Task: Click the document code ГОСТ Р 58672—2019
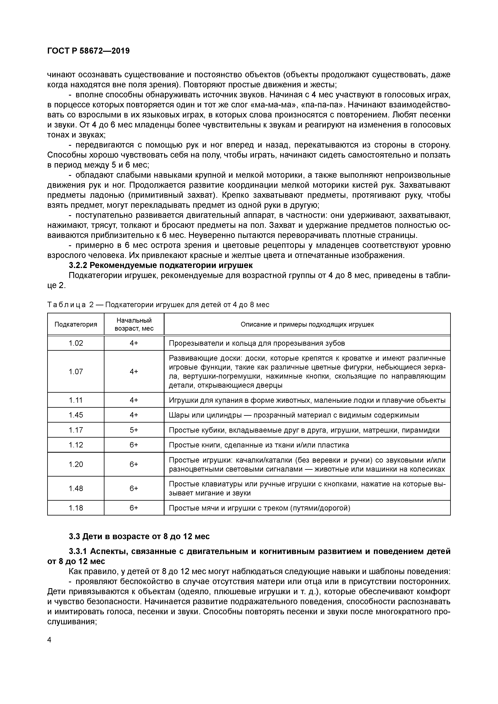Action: pos(88,51)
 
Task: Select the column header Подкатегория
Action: pos(76,324)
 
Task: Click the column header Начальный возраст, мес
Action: pos(134,324)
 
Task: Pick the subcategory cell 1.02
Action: pos(76,343)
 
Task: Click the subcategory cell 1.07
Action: pos(76,372)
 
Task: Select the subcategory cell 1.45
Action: pos(76,415)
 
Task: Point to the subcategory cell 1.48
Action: pos(76,488)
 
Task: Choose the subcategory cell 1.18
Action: pos(76,508)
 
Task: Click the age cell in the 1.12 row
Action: pos(134,445)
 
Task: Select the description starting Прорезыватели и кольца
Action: pos(257,343)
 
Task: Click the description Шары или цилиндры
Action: pos(294,415)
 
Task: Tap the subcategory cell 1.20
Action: pos(76,465)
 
